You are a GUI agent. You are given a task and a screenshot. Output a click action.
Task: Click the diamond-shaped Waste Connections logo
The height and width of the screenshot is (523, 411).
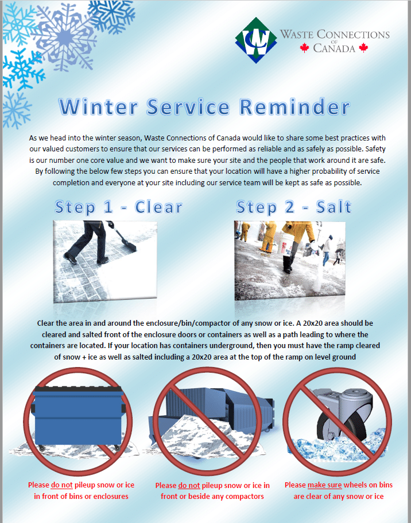pyautogui.click(x=256, y=40)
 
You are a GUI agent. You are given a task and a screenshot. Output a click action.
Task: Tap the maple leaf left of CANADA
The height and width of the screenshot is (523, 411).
pyautogui.click(x=304, y=48)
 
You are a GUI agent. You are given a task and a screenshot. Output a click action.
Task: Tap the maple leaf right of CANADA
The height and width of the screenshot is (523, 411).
pyautogui.click(x=363, y=48)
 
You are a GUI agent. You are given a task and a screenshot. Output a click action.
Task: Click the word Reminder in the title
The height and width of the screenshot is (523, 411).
pyautogui.click(x=295, y=107)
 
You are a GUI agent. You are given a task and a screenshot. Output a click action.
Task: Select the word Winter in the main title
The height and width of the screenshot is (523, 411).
pyautogui.click(x=99, y=107)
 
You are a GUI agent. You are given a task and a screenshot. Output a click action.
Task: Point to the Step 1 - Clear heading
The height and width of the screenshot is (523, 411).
pyautogui.click(x=118, y=207)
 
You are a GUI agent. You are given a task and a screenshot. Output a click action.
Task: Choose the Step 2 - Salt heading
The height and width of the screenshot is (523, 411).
pyautogui.click(x=294, y=207)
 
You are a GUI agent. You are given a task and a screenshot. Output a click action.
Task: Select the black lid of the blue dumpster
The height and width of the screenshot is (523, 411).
pyautogui.click(x=79, y=389)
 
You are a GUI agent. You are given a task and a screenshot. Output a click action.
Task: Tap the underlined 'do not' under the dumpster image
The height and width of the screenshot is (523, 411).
pyautogui.click(x=62, y=485)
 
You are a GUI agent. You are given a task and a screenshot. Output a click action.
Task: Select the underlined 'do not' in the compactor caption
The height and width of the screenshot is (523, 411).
pyautogui.click(x=189, y=485)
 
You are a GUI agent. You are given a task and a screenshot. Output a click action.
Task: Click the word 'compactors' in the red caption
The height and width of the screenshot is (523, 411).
pyautogui.click(x=245, y=497)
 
